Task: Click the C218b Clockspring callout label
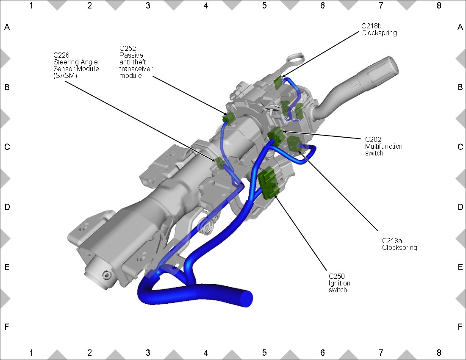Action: (x=379, y=29)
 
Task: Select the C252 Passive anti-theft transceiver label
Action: (x=136, y=62)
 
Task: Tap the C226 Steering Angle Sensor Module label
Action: (x=76, y=65)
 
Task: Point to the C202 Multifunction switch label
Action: (x=384, y=147)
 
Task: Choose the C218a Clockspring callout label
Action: (x=399, y=244)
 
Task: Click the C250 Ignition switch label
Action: (x=339, y=283)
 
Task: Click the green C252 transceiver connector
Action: (x=228, y=118)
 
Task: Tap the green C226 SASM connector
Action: (x=220, y=163)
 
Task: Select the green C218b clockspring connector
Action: (x=278, y=82)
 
